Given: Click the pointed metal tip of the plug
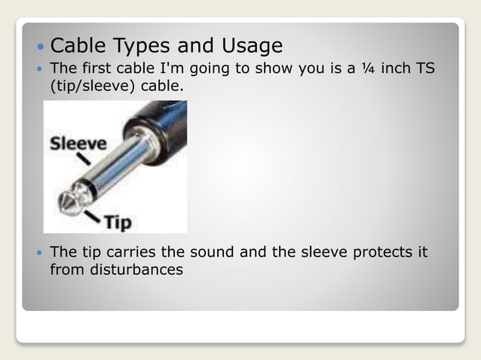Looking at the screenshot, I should coord(64,202).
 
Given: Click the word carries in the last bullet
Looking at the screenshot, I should coord(132,252).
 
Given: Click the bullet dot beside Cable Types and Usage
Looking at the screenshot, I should coord(40,47).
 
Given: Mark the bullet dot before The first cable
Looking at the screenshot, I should coord(40,69).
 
